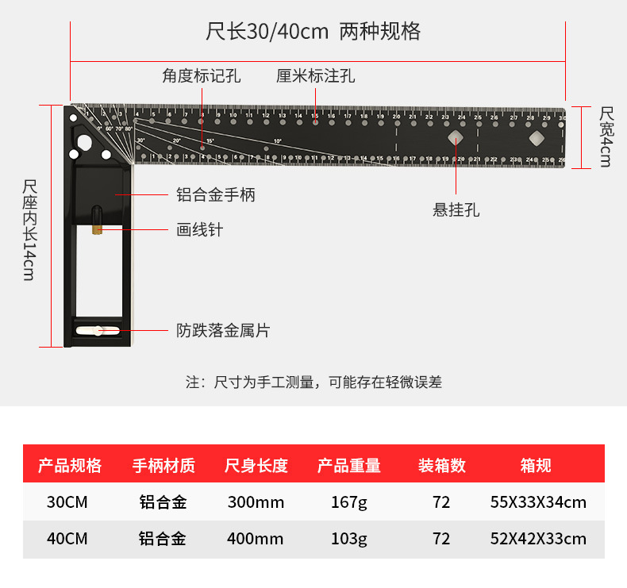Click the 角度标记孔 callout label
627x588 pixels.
click(202, 76)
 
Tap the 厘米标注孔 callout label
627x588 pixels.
click(315, 76)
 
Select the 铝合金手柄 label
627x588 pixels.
click(216, 194)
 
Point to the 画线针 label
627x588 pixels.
click(199, 230)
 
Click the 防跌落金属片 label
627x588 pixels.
click(223, 330)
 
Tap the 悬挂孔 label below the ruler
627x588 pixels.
click(456, 210)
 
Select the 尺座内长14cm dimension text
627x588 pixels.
click(30, 230)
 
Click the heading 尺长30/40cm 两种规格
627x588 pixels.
click(313, 32)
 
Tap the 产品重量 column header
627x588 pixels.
click(349, 466)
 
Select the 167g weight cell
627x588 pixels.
click(349, 502)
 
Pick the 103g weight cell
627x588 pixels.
click(349, 539)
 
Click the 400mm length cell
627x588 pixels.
click(256, 539)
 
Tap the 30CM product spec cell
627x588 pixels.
click(67, 502)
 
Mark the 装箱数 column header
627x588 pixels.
click(442, 466)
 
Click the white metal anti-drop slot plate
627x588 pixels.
click(98, 330)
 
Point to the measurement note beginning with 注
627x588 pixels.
click(313, 382)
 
